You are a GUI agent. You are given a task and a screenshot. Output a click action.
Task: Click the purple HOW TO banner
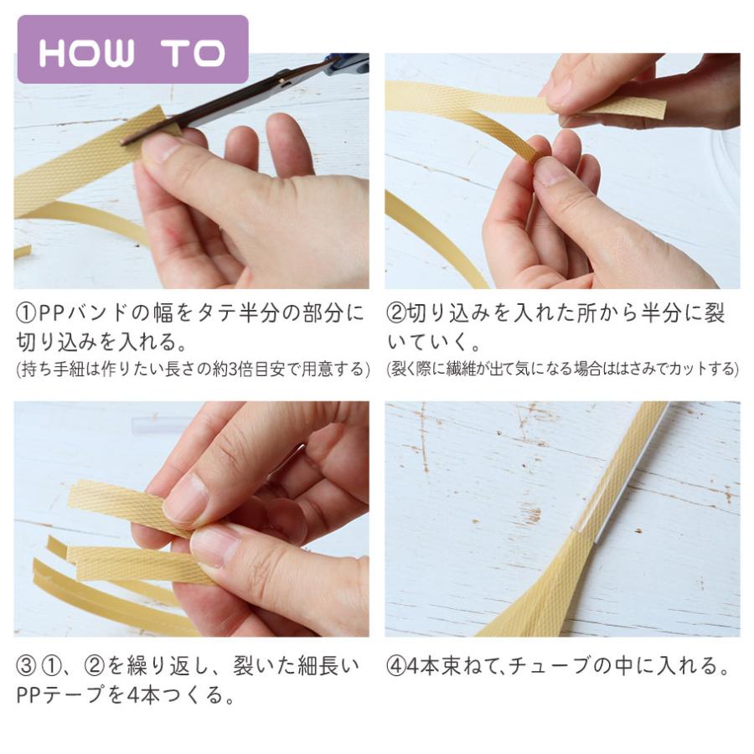click(132, 49)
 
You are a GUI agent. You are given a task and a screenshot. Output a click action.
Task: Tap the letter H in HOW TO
click(54, 53)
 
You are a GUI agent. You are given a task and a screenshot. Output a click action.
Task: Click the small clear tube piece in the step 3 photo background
click(155, 424)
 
